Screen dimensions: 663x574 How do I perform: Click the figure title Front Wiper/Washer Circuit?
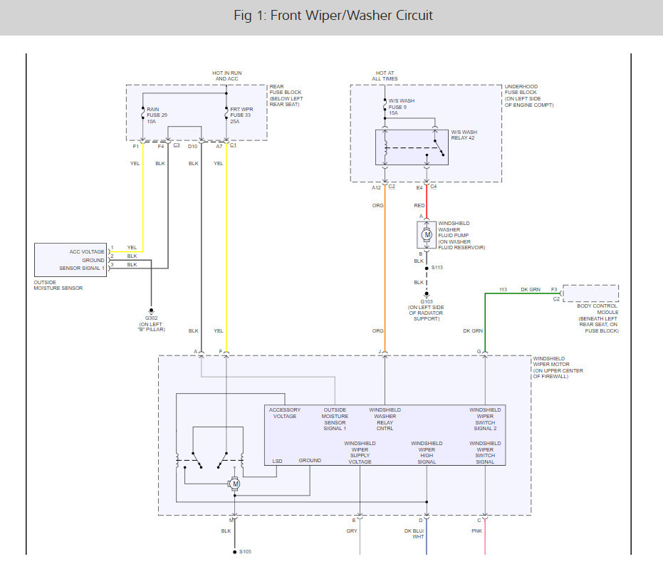pos(333,16)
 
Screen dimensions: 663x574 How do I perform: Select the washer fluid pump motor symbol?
pos(427,235)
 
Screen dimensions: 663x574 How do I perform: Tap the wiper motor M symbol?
pos(234,484)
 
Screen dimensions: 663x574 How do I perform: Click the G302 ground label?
pos(152,318)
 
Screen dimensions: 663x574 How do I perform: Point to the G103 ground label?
pos(427,301)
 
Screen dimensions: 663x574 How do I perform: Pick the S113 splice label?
pos(437,267)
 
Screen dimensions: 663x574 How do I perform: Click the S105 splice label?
pos(245,552)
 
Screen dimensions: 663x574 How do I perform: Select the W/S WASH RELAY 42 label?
pos(464,135)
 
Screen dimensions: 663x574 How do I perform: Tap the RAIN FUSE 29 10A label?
pos(157,115)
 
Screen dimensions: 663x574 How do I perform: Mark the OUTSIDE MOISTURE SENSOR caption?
pos(58,285)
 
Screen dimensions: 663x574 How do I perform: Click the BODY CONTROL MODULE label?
pos(597,309)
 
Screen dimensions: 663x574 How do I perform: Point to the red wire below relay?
pos(427,202)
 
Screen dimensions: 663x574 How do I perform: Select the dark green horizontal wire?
pos(523,293)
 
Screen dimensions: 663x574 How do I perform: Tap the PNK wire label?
pos(476,531)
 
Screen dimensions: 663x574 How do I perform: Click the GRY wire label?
pos(352,531)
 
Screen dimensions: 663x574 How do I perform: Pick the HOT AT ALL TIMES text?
pos(385,75)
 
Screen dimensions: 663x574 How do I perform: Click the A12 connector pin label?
pos(376,188)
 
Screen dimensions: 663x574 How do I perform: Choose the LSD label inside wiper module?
pos(278,461)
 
